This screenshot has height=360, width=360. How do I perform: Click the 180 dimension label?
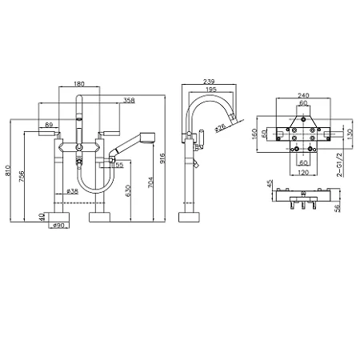pos(79,84)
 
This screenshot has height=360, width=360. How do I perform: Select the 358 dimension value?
pos(129,101)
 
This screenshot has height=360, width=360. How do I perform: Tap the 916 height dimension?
pos(162,158)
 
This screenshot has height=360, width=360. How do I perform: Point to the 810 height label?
pos(7,170)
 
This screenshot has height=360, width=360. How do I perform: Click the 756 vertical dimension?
pos(22,177)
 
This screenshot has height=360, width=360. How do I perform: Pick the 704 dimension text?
pos(150,182)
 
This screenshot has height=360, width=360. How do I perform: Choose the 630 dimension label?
pos(128,190)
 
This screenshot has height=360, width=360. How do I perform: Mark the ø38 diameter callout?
pos(72,191)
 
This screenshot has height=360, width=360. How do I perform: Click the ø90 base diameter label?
pos(58,226)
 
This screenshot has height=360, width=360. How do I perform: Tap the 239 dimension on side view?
pos(209,82)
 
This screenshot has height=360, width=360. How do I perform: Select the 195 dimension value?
pos(211,90)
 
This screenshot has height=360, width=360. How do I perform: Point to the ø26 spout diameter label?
pos(220,127)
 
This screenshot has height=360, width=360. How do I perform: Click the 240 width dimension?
pos(303,95)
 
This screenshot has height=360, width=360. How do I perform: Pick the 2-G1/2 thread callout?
pos(339,165)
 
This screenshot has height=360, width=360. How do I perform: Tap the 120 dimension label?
pos(303,173)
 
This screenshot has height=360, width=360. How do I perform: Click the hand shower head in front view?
pos(147,137)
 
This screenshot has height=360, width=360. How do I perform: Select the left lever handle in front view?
pos(49,133)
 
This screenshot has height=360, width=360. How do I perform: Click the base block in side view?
pos(189,217)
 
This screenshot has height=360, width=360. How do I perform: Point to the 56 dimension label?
pos(338,208)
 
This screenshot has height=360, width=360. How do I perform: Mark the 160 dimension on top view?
pos(254,134)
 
